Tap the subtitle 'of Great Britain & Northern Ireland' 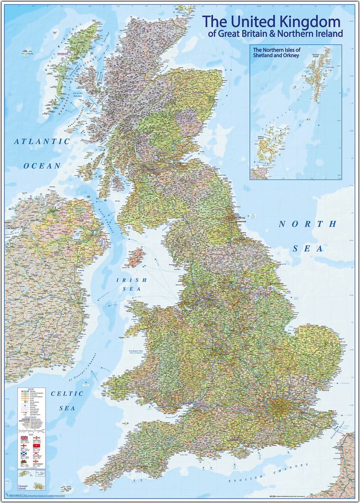[x=275, y=34]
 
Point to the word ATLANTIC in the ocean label [x=42, y=141]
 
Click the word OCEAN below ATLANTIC [x=42, y=166]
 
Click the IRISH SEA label [x=128, y=284]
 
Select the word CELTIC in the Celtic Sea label [x=67, y=393]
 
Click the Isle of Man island [x=135, y=256]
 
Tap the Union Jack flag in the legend [x=25, y=438]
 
